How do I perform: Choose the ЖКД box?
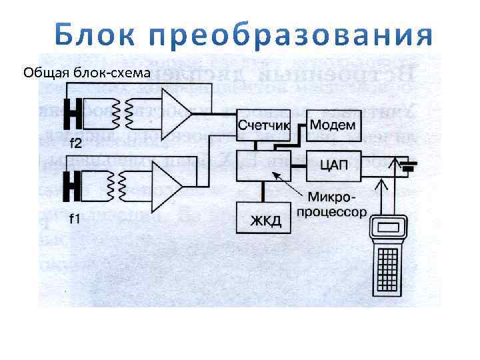tap(265, 218)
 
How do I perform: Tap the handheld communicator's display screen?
tap(390, 227)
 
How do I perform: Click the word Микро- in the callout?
tap(329, 197)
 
